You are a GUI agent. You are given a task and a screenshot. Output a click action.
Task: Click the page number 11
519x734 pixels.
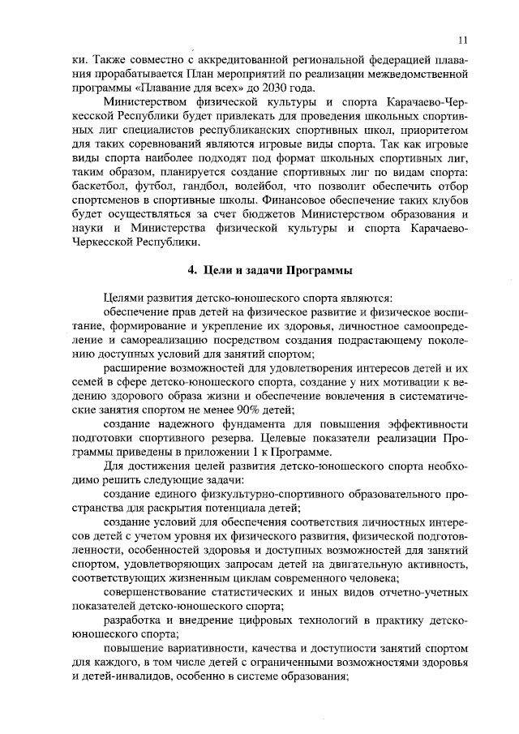pos(462,39)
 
